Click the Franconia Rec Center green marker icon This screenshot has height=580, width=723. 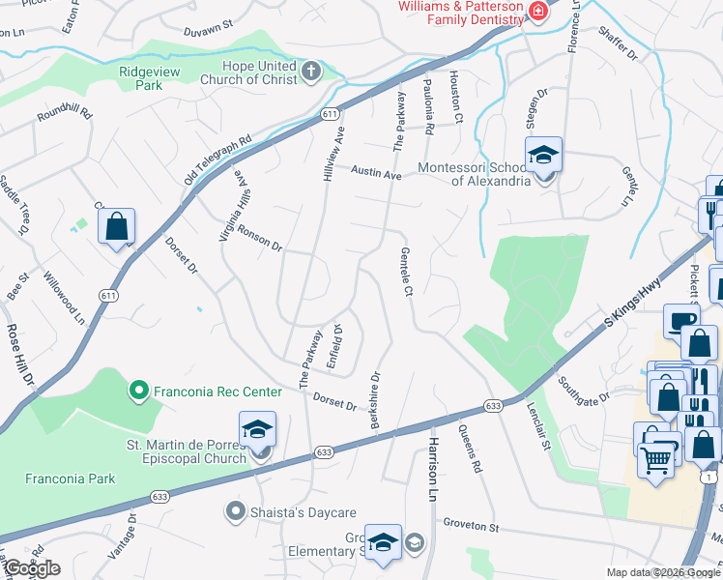click(138, 391)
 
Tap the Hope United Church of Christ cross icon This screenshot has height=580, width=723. click(311, 71)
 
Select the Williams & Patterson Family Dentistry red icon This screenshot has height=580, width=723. click(538, 12)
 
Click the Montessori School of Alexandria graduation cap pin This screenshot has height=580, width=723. click(544, 156)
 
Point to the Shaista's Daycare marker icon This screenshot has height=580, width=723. click(234, 511)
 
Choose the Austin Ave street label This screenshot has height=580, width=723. click(376, 174)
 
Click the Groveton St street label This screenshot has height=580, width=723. click(471, 527)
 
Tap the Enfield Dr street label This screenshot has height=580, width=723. click(337, 340)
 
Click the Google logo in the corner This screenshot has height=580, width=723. click(31, 568)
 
